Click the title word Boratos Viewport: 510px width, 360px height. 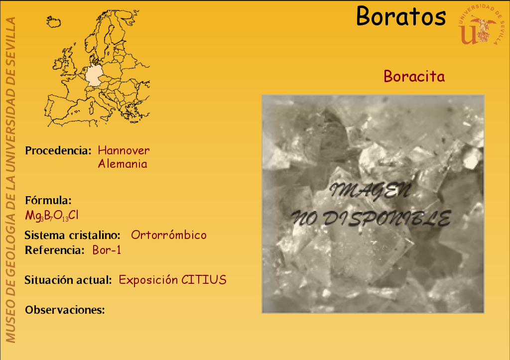[401, 16]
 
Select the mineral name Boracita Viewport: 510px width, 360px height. [414, 76]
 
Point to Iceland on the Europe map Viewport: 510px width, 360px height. [54, 22]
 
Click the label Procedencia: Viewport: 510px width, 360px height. [58, 150]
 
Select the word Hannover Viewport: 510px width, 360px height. [124, 150]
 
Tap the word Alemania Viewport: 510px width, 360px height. [123, 164]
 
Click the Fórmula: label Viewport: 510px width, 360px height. [48, 200]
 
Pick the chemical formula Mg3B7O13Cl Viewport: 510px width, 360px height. [52, 216]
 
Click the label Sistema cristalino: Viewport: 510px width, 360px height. [73, 235]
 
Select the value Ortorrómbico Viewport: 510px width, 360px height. [169, 235]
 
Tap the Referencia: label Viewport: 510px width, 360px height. [55, 250]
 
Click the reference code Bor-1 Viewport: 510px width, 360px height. [107, 250]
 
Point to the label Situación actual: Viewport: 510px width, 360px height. [68, 280]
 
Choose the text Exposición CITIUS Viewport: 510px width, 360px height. [173, 280]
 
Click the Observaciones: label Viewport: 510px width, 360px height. [65, 310]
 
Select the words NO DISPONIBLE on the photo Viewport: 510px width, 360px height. [371, 218]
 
